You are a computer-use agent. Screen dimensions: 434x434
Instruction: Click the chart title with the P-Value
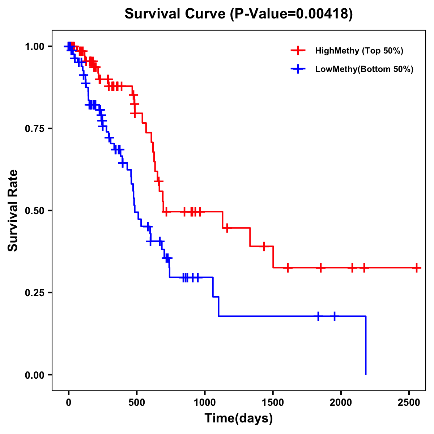[239, 14]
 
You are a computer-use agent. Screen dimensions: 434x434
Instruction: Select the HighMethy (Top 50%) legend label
[359, 51]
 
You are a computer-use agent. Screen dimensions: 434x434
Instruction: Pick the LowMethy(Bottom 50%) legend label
[364, 69]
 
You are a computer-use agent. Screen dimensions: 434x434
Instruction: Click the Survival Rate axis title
[13, 210]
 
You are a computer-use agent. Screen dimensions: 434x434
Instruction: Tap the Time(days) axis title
[239, 418]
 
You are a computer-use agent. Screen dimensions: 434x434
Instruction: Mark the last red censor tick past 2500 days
[417, 268]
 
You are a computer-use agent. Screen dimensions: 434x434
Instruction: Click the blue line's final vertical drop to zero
[366, 345]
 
